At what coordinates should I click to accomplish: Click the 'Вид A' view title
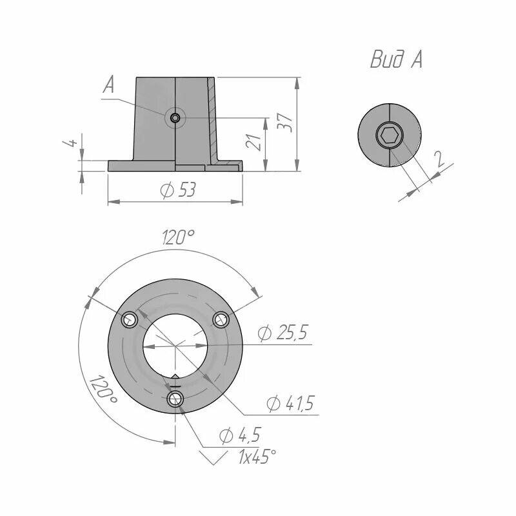click(396, 59)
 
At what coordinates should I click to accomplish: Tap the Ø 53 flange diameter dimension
click(178, 190)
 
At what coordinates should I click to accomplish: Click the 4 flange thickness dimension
click(71, 142)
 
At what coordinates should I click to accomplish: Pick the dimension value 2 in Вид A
click(439, 159)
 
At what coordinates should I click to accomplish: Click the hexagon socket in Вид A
click(390, 135)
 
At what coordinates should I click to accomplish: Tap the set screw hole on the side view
click(175, 117)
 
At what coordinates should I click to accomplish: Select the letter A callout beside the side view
click(108, 84)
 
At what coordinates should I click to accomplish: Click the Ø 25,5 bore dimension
click(283, 333)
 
